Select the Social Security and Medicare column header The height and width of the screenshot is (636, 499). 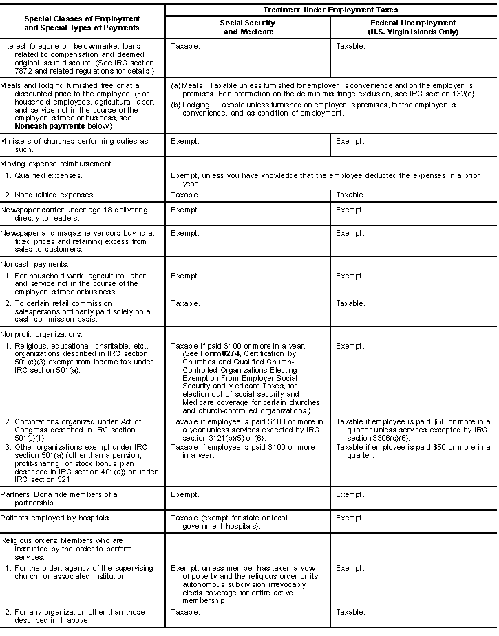[x=248, y=27]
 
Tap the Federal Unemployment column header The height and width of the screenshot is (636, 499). [x=413, y=27]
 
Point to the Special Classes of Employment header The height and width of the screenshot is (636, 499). [x=82, y=23]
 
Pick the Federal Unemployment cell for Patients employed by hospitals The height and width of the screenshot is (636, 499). [x=350, y=518]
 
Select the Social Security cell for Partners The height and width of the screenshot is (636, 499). [x=184, y=494]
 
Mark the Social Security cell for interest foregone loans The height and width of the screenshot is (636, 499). [x=186, y=47]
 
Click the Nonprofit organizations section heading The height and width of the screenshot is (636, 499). [x=41, y=334]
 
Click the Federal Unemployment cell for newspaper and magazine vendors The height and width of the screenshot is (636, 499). [x=350, y=233]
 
